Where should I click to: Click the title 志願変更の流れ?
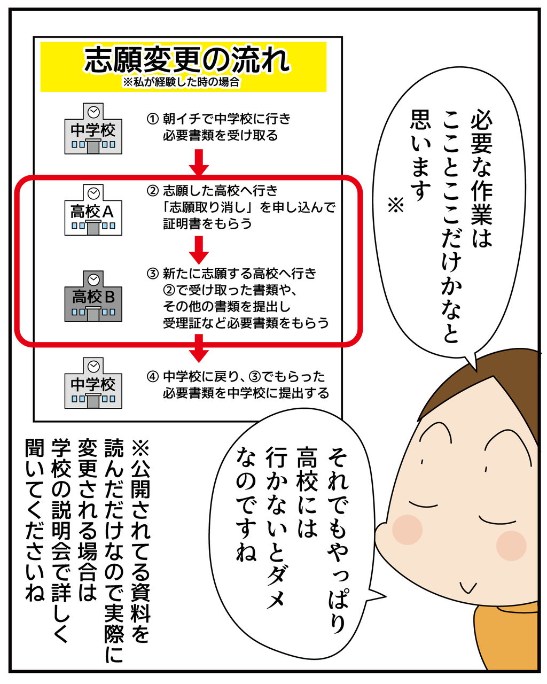point(187,60)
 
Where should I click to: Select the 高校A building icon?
point(93,210)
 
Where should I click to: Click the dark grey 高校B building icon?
point(93,296)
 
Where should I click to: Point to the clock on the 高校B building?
point(93,280)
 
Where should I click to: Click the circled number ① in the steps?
point(153,119)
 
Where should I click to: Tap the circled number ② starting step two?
point(153,191)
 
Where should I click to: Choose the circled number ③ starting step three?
point(153,274)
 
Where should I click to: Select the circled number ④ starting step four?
point(153,377)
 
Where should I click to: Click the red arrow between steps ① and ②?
point(199,162)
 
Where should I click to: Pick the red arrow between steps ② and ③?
point(199,250)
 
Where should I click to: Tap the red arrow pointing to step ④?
point(199,348)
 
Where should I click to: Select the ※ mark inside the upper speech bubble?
point(396,205)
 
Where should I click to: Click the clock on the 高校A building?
point(93,193)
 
